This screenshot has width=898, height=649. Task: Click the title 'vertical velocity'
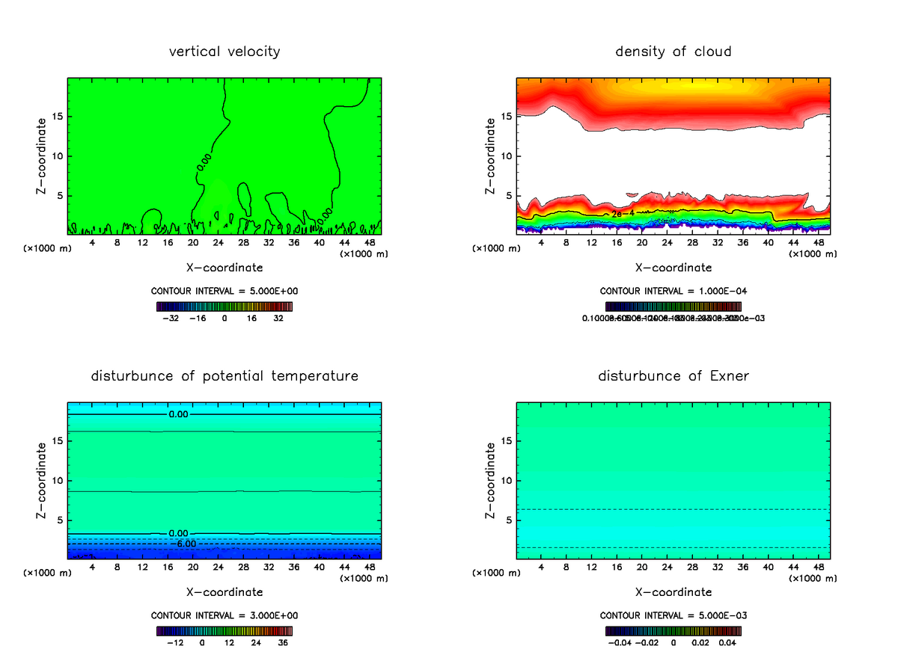224,52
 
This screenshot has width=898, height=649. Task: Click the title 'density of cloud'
673,52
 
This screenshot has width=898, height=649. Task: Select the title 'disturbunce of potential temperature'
224,375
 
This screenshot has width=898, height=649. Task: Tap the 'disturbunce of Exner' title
673,375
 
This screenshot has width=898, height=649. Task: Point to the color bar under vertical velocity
224,307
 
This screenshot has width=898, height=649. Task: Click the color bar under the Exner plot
673,630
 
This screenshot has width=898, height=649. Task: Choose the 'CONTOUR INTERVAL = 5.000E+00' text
224,291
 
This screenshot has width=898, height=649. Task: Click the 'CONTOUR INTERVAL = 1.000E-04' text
673,291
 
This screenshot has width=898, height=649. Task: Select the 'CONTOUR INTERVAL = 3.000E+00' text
224,615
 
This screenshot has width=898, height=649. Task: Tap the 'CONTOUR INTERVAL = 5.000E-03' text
673,615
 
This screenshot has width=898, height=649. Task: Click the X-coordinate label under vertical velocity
224,267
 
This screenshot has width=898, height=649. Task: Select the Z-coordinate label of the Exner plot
491,480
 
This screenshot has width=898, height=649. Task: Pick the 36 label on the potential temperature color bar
283,642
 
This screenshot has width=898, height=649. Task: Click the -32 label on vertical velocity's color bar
171,318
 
